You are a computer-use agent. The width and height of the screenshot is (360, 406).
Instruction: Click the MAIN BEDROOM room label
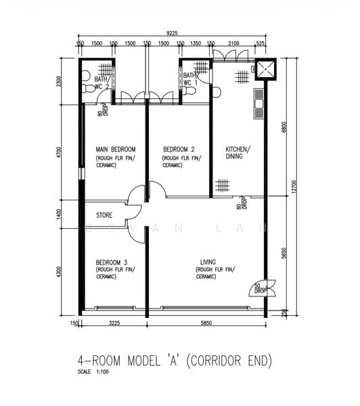116,150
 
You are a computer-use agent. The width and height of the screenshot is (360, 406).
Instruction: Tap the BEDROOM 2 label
179,150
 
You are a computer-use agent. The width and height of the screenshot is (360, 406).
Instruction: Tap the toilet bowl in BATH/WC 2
86,89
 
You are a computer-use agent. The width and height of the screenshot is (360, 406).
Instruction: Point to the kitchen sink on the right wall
258,103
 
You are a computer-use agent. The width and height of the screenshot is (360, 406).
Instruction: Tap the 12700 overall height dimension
294,186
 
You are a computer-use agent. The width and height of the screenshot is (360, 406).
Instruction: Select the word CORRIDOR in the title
211,361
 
